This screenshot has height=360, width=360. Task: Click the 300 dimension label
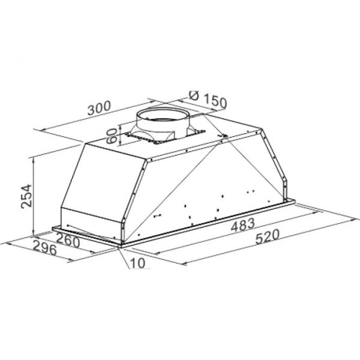point(99,108)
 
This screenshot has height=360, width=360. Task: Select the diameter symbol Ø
point(194,95)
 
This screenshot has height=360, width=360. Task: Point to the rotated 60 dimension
point(113,136)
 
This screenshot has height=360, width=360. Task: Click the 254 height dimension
point(26,196)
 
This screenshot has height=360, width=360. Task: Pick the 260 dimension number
point(68,241)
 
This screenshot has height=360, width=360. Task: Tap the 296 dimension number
point(45,248)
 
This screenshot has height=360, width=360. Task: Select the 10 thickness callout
point(137,263)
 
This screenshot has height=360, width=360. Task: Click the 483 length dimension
point(243,224)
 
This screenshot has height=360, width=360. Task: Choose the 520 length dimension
point(268,237)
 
